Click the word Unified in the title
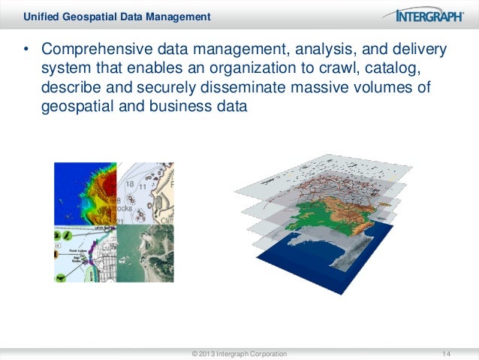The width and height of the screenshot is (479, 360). tap(41, 16)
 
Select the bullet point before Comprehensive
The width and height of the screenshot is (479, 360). tap(25, 50)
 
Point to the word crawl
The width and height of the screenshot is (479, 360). tap(366, 70)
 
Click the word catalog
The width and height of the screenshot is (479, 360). tap(417, 70)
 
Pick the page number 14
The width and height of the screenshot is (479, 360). tap(447, 352)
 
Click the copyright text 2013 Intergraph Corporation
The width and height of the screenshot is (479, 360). tap(239, 352)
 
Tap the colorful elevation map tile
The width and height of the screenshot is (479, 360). tap(85, 191)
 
